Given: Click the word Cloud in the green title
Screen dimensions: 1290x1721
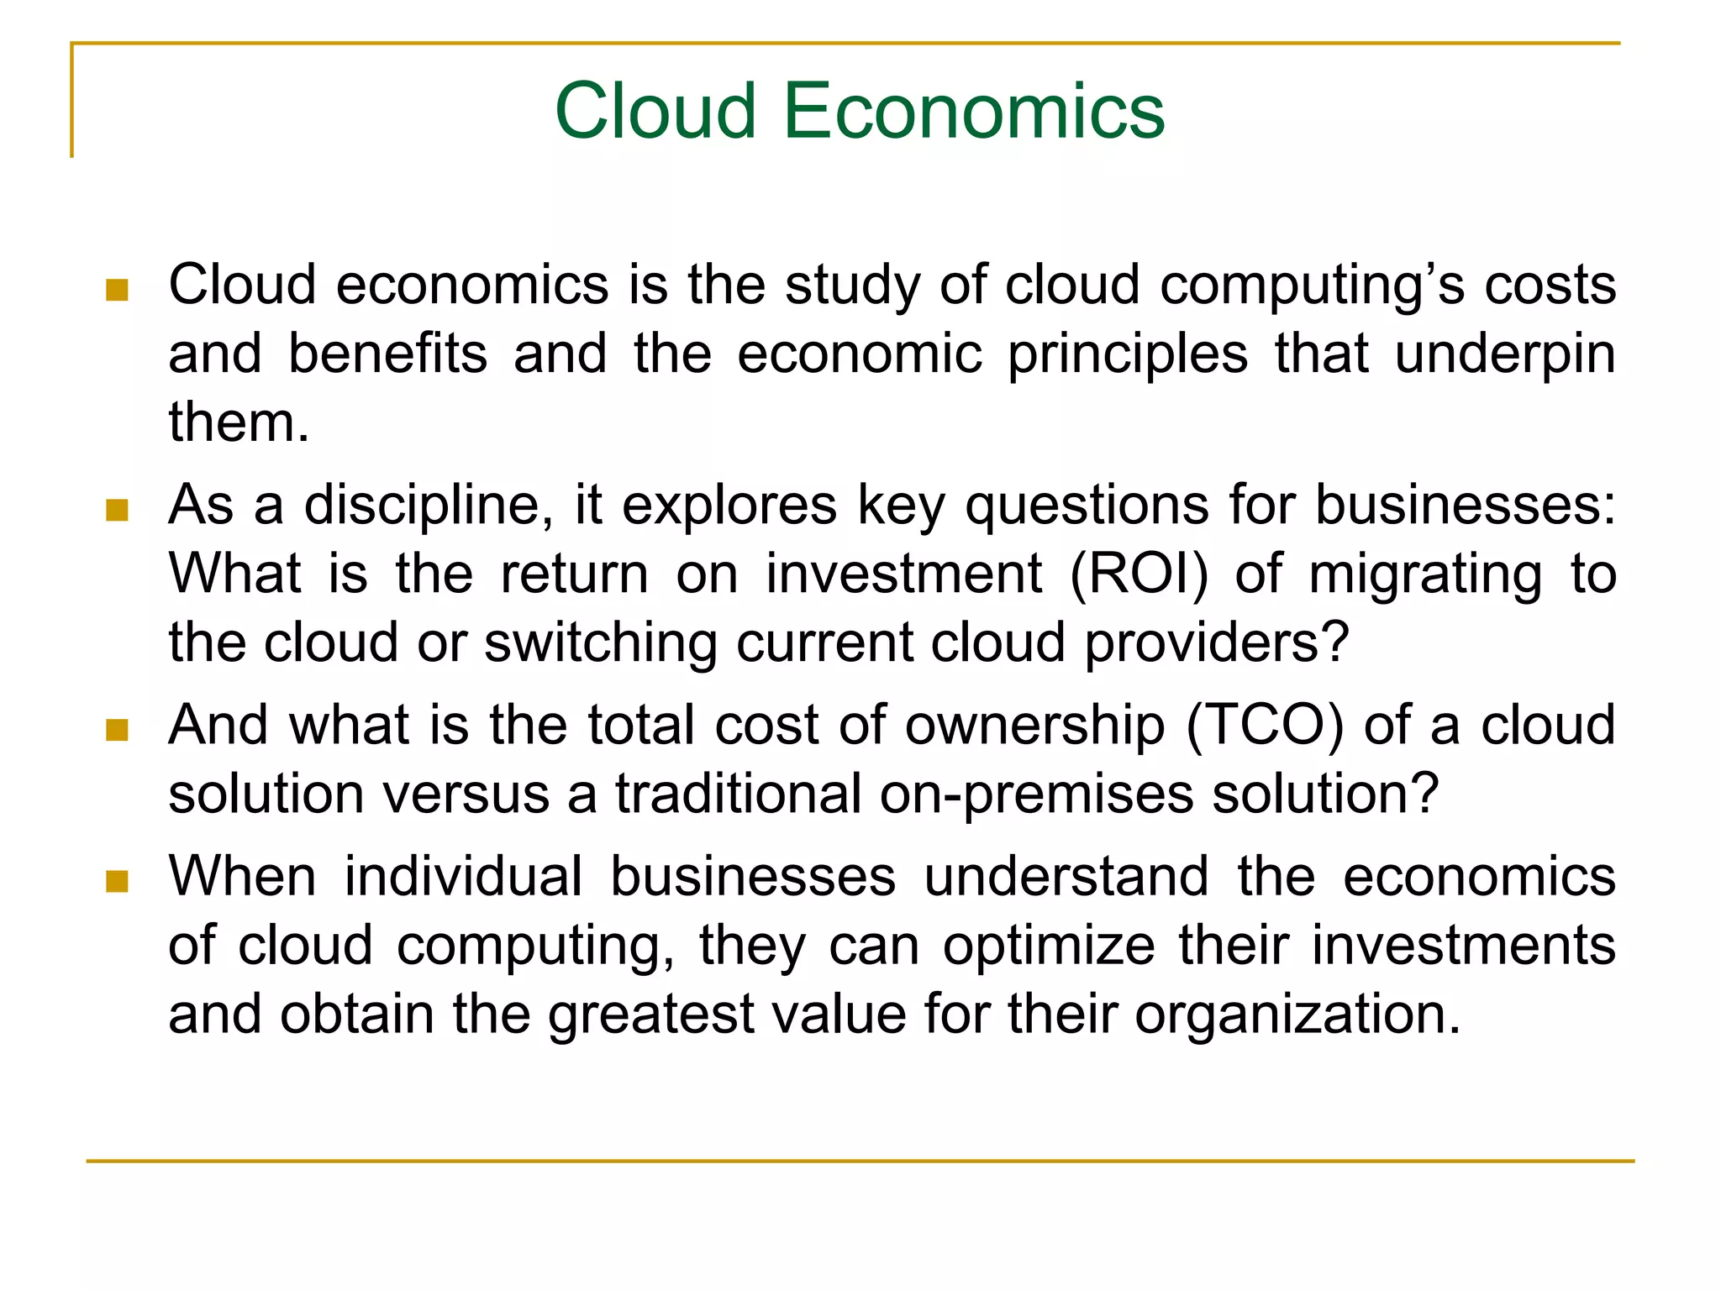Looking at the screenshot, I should pyautogui.click(x=655, y=111).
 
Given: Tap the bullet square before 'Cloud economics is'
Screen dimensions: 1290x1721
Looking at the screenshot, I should pyautogui.click(x=117, y=290).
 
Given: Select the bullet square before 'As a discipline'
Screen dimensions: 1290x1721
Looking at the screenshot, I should pyautogui.click(x=117, y=510).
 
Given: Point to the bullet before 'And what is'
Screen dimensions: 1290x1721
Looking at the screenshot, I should pyautogui.click(x=117, y=730).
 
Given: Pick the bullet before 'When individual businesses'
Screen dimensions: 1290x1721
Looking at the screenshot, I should pyautogui.click(x=117, y=881).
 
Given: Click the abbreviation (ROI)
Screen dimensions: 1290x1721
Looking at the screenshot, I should pyautogui.click(x=1139, y=574).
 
